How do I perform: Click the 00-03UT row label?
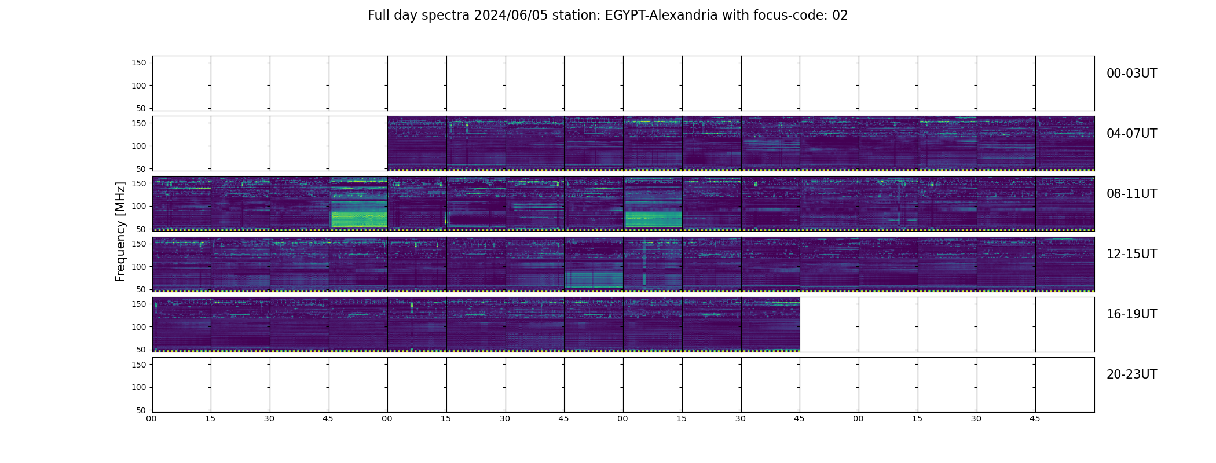tap(1131, 74)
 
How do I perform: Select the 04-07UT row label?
tap(1131, 134)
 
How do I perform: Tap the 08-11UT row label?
tap(1131, 194)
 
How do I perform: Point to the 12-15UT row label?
tap(1131, 254)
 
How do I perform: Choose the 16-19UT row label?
tap(1131, 314)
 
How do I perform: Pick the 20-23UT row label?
tap(1131, 374)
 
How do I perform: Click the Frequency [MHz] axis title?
tap(120, 231)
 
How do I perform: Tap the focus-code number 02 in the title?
tap(840, 16)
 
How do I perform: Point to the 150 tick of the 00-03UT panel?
tap(139, 63)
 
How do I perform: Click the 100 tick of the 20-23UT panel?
tap(139, 387)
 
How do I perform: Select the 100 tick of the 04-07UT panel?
tap(139, 146)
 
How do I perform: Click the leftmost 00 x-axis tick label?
tap(152, 418)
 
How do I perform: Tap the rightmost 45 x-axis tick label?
tap(1035, 418)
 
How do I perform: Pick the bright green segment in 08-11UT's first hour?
tap(358, 214)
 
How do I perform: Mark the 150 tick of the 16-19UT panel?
tap(139, 304)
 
